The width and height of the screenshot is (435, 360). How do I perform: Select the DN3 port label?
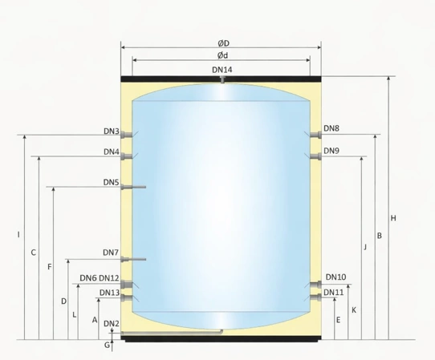coord(111,131)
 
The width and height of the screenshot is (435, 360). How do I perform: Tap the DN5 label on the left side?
coord(111,183)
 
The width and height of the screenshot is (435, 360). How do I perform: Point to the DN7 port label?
coord(111,253)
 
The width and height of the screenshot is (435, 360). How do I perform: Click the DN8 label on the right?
coord(331,128)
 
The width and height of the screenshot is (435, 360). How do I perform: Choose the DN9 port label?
coord(331,151)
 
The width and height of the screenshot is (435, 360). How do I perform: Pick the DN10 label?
coord(335,277)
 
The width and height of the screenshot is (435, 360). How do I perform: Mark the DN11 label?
coord(334,293)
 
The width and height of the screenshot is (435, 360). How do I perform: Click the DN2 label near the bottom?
coord(111,324)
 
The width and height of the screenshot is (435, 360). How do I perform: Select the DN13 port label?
coord(109,293)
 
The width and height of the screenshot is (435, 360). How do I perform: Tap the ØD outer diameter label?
coord(223,42)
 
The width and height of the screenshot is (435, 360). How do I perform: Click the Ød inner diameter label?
coord(222,55)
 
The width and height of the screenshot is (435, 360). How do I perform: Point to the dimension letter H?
coord(392,218)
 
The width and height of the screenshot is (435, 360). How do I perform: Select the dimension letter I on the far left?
coord(18,235)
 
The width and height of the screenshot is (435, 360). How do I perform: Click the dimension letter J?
coord(365,247)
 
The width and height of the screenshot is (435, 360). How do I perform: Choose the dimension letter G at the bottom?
coord(106,345)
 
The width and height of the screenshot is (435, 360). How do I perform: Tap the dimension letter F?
coord(50,266)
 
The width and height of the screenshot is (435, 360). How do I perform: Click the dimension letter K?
coord(354,309)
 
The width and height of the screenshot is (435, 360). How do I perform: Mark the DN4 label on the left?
coord(111,152)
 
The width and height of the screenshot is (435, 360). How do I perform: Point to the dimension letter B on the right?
coord(379,235)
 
